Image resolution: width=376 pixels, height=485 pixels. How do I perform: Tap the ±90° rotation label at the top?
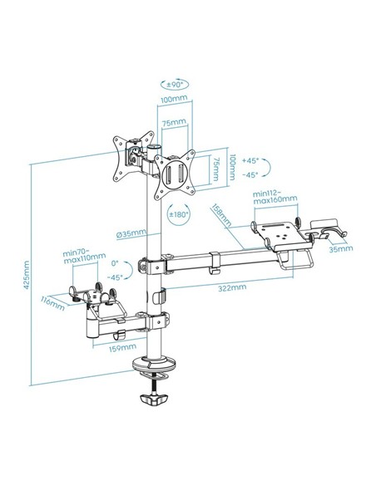point(175,84)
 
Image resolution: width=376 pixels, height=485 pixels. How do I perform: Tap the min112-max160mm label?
point(275,201)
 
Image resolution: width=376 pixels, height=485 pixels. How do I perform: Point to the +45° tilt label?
point(249,163)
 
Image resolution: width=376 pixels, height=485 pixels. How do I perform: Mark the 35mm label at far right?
point(341,247)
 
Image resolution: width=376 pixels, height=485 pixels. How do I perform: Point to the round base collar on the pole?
point(155,364)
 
